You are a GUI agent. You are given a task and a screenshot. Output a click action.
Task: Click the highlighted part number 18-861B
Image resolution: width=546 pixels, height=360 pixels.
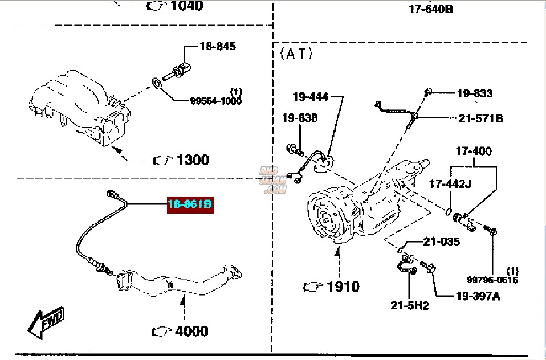tap(190, 204)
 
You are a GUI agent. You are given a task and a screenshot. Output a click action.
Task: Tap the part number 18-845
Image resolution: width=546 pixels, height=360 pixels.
tap(217, 47)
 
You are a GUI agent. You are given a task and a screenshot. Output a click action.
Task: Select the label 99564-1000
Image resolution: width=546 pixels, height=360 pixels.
tap(215, 101)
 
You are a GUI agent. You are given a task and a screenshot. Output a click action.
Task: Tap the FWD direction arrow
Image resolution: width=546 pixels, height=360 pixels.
tap(46, 322)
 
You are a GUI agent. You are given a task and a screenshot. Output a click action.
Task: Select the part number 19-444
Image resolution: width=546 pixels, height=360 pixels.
tap(311, 96)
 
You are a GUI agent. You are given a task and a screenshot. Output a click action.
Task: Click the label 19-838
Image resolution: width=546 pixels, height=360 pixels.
tap(299, 118)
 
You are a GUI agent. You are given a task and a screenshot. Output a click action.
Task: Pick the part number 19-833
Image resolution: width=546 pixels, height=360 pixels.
tap(474, 93)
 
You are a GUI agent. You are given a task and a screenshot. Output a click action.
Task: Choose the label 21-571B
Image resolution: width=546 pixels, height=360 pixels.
tap(480, 119)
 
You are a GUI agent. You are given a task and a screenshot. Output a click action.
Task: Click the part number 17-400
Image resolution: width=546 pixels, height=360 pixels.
tap(473, 152)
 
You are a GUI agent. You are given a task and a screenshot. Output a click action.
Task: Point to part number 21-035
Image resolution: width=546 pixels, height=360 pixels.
tap(441, 242)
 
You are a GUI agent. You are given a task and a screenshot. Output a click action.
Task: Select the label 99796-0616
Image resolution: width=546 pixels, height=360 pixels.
tap(492, 280)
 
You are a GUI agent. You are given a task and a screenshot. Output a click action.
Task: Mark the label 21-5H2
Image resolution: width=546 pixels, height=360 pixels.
tap(409, 306)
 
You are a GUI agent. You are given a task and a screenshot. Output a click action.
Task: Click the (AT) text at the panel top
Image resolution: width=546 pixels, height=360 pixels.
tap(296, 54)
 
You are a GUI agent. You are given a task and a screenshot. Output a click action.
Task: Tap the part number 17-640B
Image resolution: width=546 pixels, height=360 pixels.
tap(431, 9)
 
